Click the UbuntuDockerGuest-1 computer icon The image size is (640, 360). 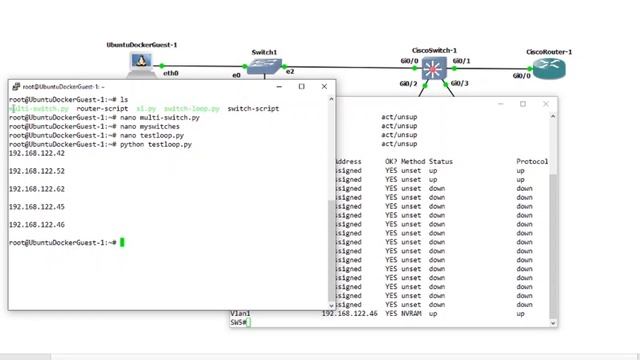(x=142, y=63)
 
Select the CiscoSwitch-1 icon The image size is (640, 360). (x=434, y=69)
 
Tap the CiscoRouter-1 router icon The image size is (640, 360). (x=549, y=68)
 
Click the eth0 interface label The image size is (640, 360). (x=171, y=73)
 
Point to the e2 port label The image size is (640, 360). (x=290, y=72)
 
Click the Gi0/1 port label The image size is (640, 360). (x=461, y=61)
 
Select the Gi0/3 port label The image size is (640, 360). (x=461, y=84)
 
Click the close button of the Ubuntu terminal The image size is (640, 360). (x=324, y=87)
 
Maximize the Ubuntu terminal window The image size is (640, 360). (x=301, y=87)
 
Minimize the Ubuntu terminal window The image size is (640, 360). (x=278, y=87)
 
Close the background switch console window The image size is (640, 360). (x=545, y=104)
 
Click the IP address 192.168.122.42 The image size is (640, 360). (x=37, y=153)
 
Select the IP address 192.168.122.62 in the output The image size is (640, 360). (x=37, y=189)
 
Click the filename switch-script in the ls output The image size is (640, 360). (x=253, y=108)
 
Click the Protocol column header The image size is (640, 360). (x=532, y=162)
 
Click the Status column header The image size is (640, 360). (x=441, y=162)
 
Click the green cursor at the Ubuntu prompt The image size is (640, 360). (x=122, y=243)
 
